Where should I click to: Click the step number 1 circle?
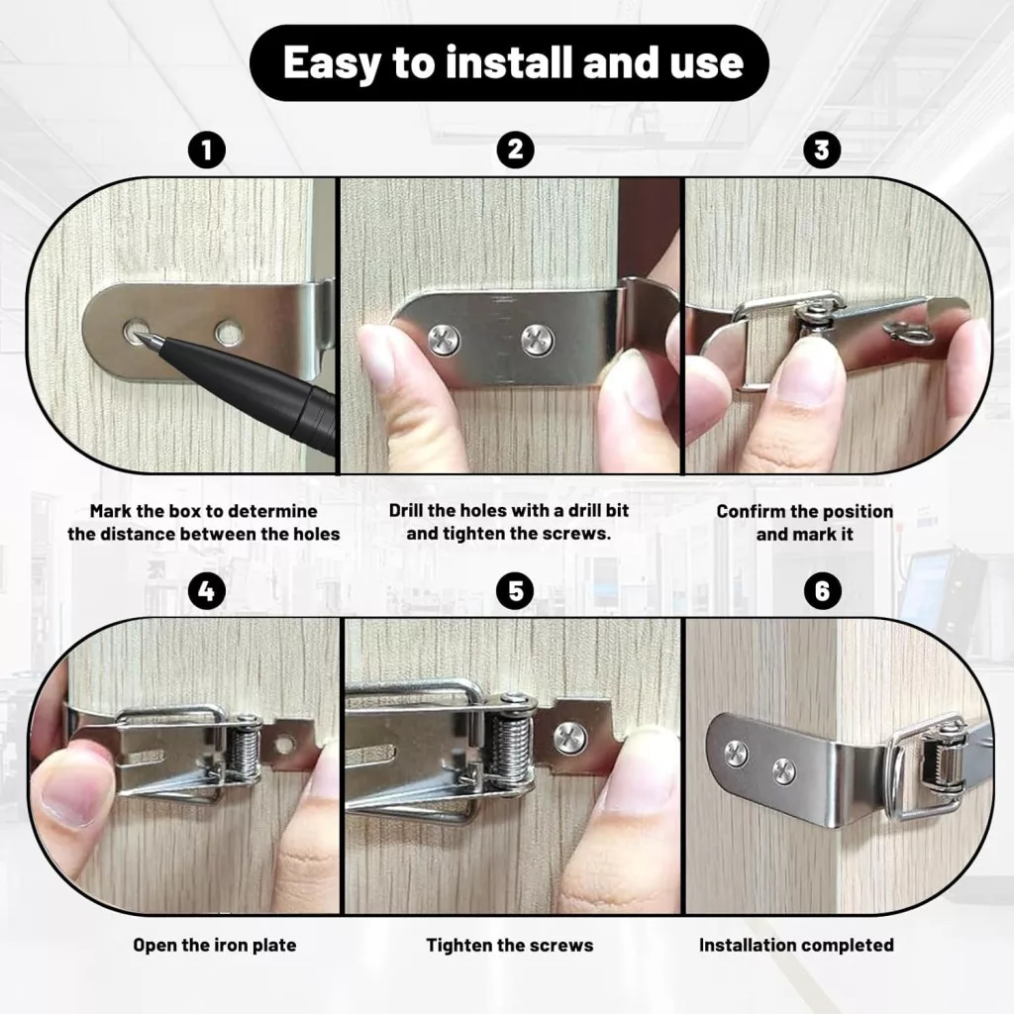tap(207, 151)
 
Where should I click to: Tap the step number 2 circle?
tap(515, 150)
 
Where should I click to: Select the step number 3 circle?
tap(822, 151)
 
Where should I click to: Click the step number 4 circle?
tap(207, 591)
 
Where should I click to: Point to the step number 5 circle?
tap(515, 591)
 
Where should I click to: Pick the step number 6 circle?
tap(822, 591)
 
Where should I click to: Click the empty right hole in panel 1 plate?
tap(229, 333)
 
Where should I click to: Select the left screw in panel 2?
tap(445, 339)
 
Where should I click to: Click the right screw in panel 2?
tap(538, 340)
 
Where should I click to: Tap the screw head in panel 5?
tap(571, 738)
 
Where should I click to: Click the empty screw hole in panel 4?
tap(284, 745)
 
